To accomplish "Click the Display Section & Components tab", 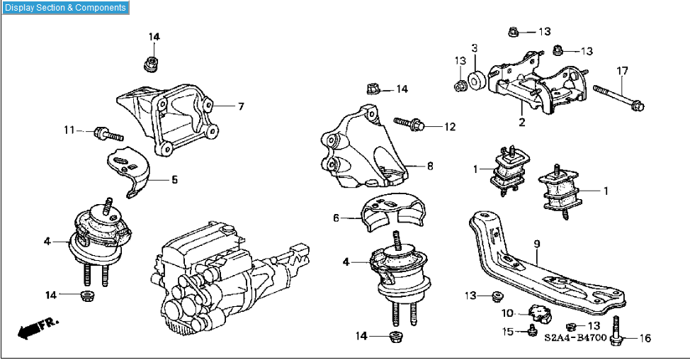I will click(65, 8).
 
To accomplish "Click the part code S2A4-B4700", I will click(575, 337).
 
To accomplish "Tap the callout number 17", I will click(622, 71).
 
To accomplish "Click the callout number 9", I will click(536, 244).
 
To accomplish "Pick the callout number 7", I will click(241, 106).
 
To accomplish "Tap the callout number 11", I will click(69, 130).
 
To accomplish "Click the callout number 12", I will click(450, 127).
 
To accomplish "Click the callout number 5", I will click(174, 180).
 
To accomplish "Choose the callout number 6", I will click(336, 218).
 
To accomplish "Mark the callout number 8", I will click(429, 167).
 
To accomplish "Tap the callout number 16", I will click(644, 338).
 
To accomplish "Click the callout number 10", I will click(507, 313).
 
